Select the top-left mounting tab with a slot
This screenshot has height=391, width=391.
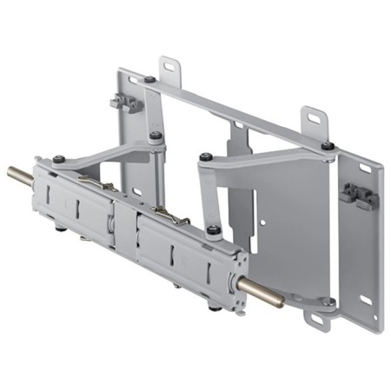click(x=169, y=69)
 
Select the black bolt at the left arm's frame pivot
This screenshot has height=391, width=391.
click(x=155, y=135)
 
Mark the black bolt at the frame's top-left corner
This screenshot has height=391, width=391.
click(x=150, y=79)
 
